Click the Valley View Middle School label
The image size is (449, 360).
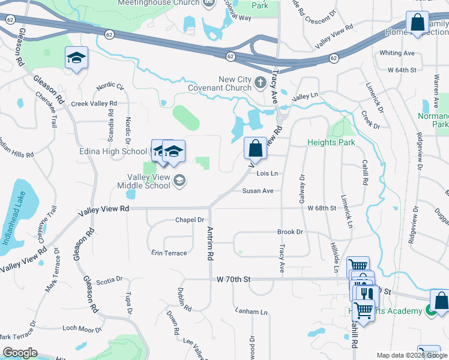pos(149,181)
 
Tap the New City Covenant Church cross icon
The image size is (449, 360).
pos(260,82)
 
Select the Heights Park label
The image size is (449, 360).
pos(331,142)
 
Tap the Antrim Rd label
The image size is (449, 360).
pos(210,243)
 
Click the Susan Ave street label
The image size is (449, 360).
pos(258,191)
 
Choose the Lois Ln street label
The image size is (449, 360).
pos(267,174)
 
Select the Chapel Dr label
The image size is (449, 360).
pos(190,220)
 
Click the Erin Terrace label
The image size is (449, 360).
pos(169,253)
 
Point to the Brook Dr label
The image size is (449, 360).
pos(290,232)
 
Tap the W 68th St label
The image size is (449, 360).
pos(322,208)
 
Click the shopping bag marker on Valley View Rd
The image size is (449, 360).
pos(256,148)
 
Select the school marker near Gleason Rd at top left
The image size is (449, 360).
pos(76,58)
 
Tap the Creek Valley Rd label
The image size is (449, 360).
pos(94,104)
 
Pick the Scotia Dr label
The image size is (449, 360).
pos(109,280)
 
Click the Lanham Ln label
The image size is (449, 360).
pos(252,312)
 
